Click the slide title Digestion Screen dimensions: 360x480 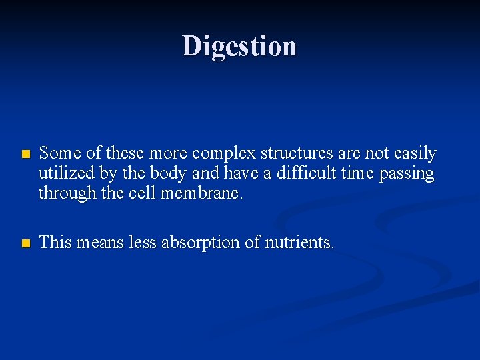239,46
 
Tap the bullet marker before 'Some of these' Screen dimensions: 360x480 25,154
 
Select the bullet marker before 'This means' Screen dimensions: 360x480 25,243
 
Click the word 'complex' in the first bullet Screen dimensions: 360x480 225,154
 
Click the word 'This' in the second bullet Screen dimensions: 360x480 55,243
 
